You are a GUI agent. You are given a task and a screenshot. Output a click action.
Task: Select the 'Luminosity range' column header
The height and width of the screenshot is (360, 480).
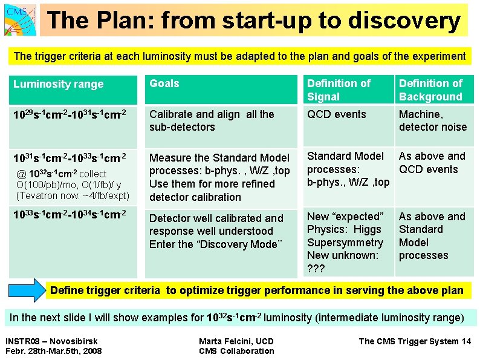click(59, 84)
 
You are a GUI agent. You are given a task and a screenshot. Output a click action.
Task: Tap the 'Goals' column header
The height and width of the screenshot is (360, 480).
click(164, 83)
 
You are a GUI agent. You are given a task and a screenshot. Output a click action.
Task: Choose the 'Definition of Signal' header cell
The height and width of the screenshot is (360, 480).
click(339, 90)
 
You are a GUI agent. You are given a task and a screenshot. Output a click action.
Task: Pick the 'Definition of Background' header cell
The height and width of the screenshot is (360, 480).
click(430, 90)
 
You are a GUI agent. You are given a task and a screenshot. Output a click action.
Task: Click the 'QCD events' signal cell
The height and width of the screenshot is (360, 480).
click(337, 114)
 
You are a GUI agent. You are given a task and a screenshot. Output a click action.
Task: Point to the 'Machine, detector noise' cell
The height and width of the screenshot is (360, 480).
click(432, 120)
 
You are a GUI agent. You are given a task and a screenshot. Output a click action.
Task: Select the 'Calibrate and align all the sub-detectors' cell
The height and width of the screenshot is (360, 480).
click(212, 120)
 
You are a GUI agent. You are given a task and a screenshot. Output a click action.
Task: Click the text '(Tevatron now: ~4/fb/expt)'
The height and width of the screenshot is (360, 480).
click(73, 195)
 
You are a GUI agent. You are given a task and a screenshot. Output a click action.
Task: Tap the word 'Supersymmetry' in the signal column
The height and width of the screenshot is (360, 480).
click(345, 243)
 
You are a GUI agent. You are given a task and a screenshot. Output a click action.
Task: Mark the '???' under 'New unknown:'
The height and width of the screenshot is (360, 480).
click(316, 269)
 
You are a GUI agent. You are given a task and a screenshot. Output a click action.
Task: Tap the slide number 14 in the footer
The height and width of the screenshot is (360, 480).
click(465, 341)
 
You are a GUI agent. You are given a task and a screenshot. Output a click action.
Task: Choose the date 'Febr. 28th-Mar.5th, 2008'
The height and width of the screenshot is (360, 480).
click(53, 351)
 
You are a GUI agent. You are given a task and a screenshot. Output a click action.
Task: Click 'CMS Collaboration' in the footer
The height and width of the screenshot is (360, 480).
click(236, 351)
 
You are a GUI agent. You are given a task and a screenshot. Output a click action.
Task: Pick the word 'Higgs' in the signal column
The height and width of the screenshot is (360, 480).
click(369, 229)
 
